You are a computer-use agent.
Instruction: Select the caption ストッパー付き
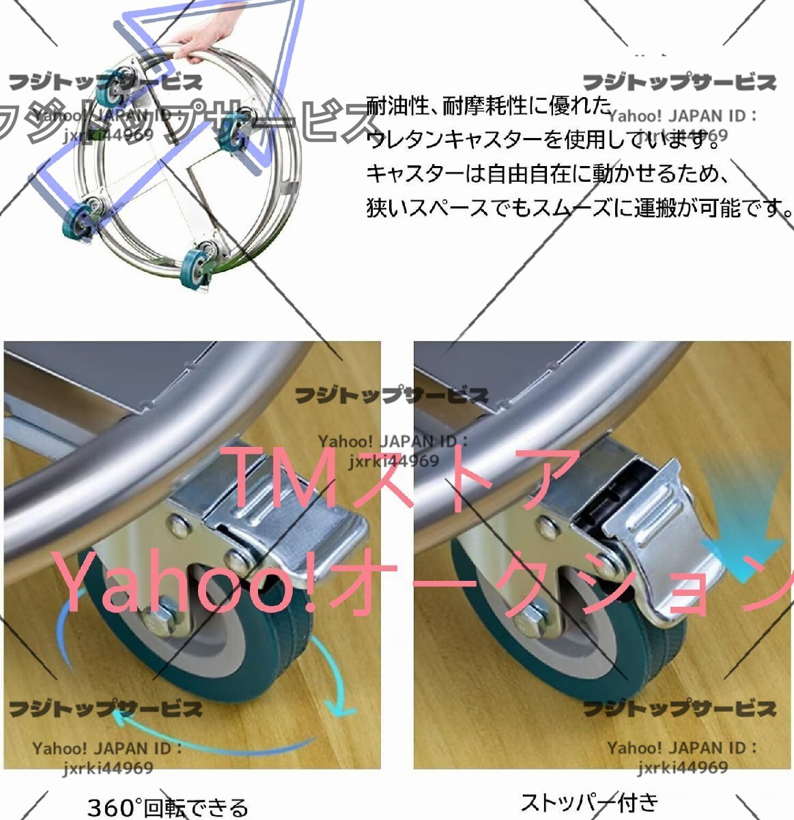click(589, 801)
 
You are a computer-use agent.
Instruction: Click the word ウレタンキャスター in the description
click(455, 140)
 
